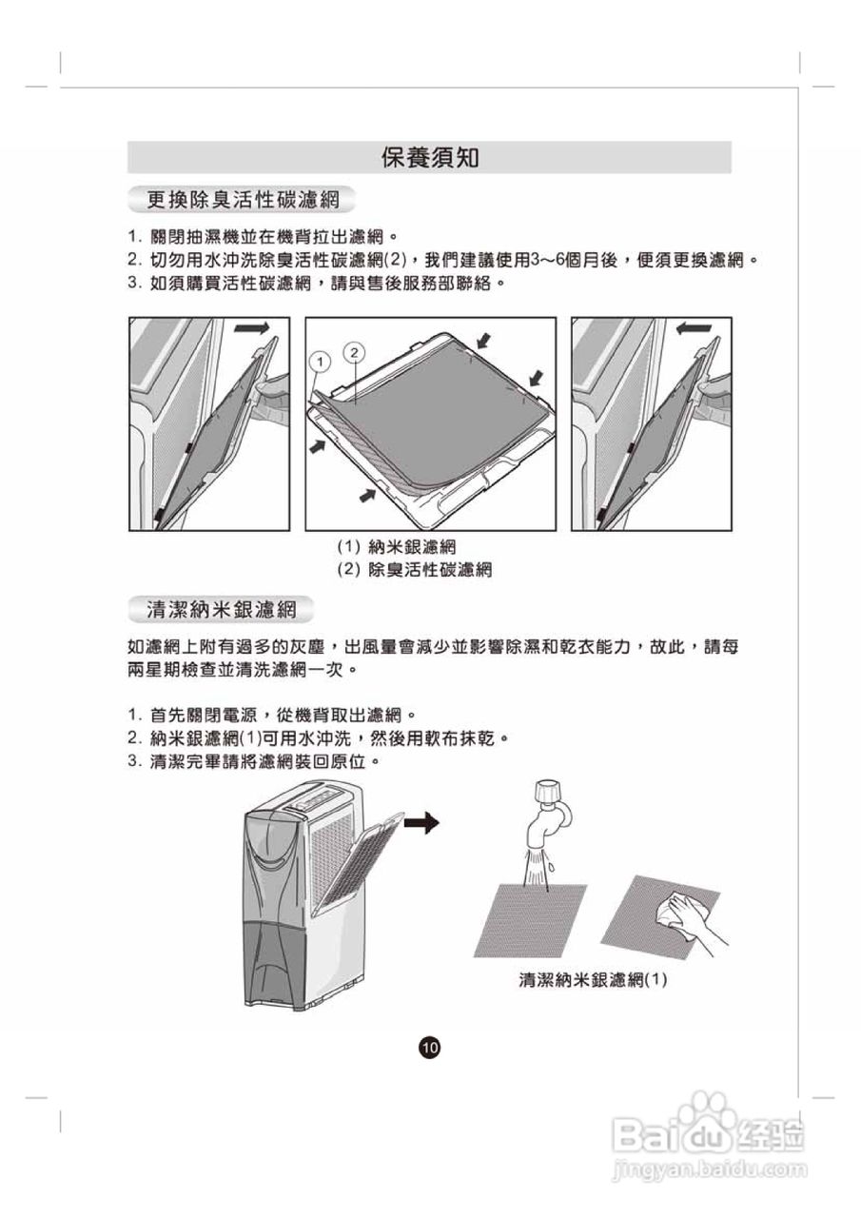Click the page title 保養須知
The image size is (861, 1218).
[429, 157]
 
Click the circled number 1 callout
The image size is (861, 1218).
[321, 363]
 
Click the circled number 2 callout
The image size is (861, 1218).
[354, 352]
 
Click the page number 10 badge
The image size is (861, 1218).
[429, 1048]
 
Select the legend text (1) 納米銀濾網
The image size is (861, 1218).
[397, 547]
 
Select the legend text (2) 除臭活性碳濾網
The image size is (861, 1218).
[414, 570]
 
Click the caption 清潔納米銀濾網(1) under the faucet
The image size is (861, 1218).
[592, 979]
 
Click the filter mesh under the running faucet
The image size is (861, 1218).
[529, 918]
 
